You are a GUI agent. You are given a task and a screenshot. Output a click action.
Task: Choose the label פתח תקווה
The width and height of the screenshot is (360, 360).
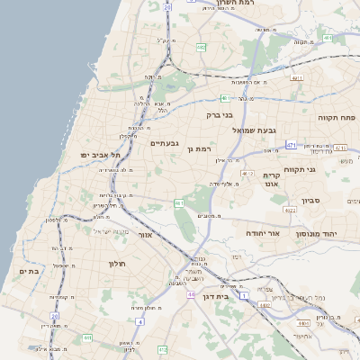tap(338, 117)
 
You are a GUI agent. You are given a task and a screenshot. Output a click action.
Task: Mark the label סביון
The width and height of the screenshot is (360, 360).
tap(311, 200)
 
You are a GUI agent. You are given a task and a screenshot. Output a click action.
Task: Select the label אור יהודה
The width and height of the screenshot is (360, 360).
tap(264, 233)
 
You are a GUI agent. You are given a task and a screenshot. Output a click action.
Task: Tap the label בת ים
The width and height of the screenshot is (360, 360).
tap(30, 271)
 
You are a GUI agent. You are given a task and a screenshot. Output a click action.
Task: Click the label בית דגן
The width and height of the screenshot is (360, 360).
tap(237, 295)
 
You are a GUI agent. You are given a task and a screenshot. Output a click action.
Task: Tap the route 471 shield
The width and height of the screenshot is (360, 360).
tap(291, 144)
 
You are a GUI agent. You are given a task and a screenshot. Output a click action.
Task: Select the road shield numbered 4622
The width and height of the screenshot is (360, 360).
tap(289, 210)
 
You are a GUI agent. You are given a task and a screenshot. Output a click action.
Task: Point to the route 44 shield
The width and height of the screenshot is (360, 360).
tap(191, 293)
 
